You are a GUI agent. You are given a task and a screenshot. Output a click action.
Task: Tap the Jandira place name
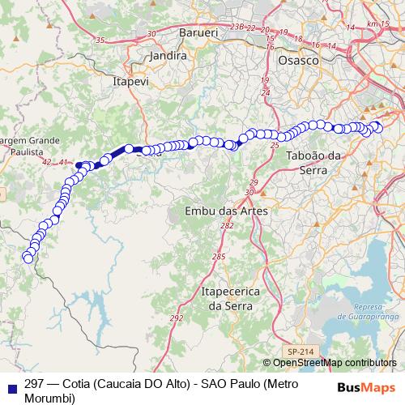pos(168,57)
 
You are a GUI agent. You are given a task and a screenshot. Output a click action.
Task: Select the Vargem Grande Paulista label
pos(30,146)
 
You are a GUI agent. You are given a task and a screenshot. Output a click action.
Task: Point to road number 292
pos(177,318)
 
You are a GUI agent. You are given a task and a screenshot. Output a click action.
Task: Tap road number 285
pos(218,257)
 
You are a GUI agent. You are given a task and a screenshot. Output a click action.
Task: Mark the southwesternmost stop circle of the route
pos(28,258)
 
